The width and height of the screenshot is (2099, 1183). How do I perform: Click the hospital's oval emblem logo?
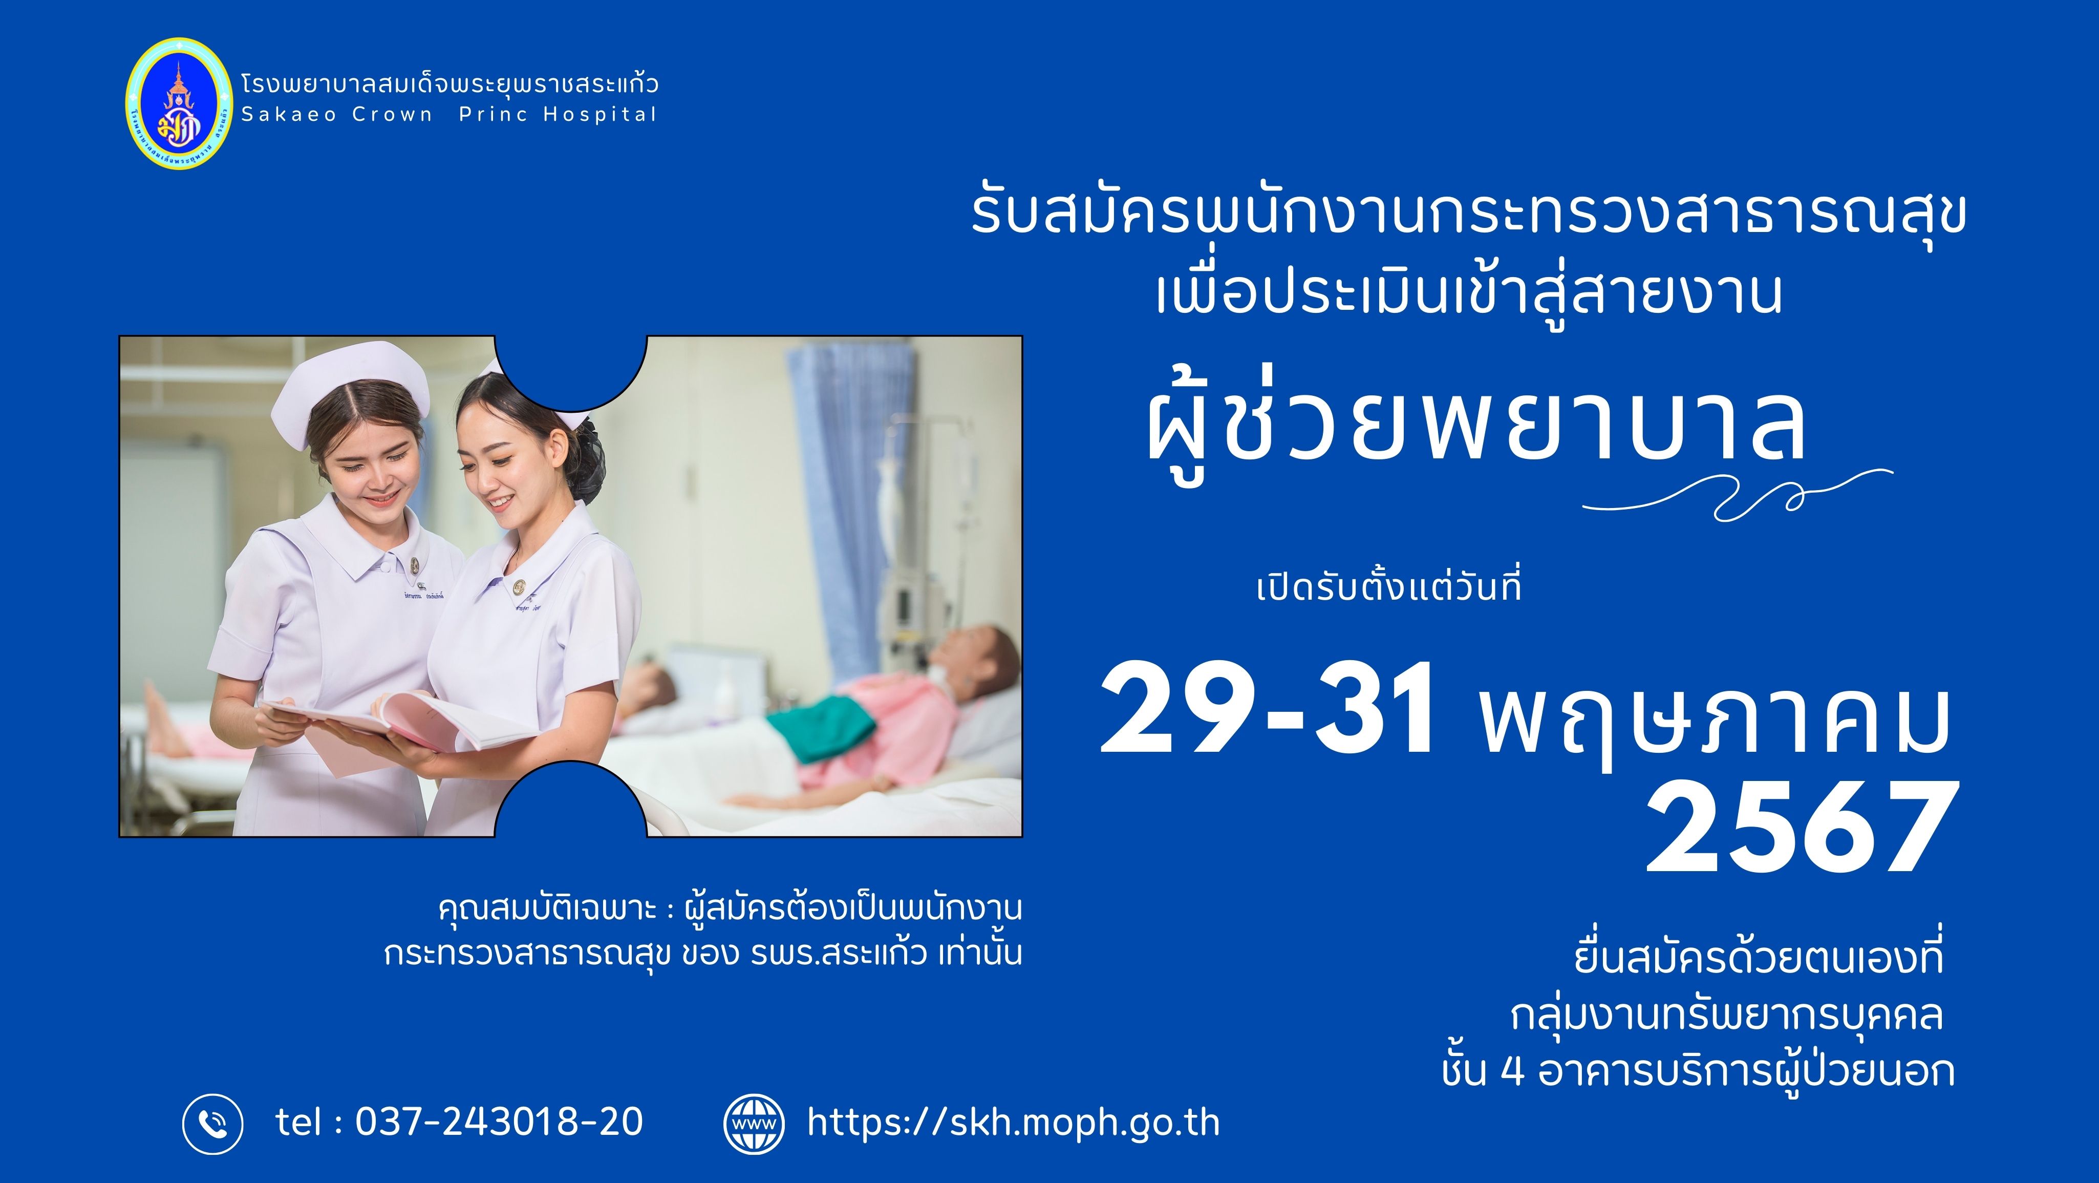tap(179, 103)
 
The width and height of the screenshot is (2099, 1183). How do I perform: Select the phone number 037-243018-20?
tap(499, 1122)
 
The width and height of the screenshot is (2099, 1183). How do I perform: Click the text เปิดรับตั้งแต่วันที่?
tap(1388, 586)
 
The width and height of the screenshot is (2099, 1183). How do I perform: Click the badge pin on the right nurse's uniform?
tap(519, 587)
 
